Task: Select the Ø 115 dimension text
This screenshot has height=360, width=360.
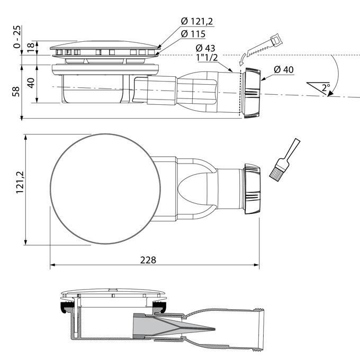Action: [194, 33]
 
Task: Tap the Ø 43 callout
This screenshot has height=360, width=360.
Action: [205, 48]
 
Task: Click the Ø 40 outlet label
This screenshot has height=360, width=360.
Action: [284, 69]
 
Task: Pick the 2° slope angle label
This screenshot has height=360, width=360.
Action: [325, 88]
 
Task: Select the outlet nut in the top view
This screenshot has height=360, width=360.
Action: [251, 189]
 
